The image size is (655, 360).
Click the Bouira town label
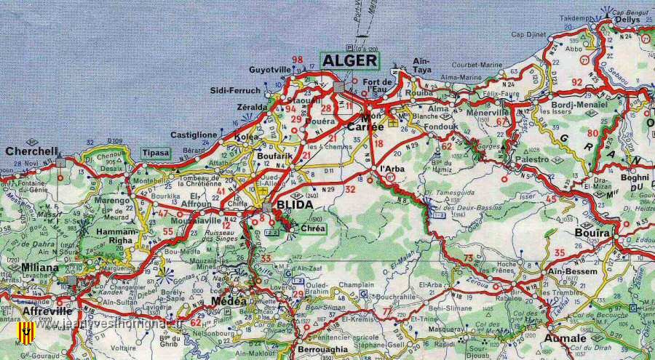pyautogui.click(x=592, y=233)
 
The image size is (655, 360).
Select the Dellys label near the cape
pyautogui.click(x=627, y=20)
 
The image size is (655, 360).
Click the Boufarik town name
pyautogui.click(x=274, y=154)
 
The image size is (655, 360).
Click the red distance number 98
pyautogui.click(x=297, y=60)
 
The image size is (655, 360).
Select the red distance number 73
pyautogui.click(x=469, y=258)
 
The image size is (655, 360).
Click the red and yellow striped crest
pyautogui.click(x=26, y=333)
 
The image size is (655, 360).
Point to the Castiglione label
pyautogui.click(x=194, y=135)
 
